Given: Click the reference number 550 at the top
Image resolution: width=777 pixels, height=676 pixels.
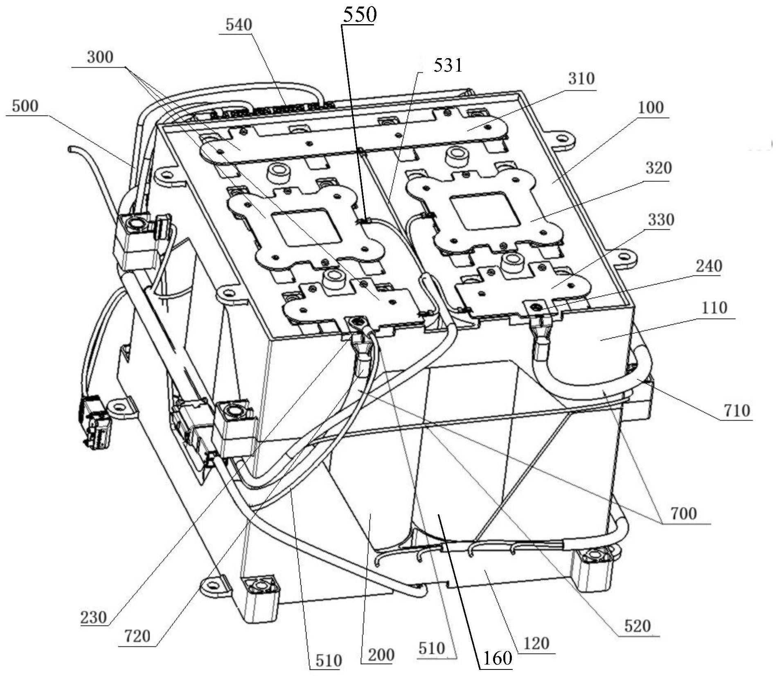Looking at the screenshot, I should coord(359,15).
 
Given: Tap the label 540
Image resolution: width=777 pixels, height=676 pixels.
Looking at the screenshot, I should coord(239,25).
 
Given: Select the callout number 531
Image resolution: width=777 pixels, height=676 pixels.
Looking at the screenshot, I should coord(448,66).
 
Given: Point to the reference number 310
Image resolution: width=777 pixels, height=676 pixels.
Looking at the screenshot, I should coord(581,79).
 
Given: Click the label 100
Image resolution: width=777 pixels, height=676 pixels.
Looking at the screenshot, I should coord(651,108).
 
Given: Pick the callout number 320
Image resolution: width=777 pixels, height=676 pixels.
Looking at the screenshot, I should coord(658,168).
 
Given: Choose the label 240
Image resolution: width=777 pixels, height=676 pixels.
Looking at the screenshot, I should coord(709,266).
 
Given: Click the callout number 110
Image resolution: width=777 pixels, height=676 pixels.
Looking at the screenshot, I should coord(714,308).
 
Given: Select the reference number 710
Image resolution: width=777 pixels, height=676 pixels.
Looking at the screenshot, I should coord(737,410).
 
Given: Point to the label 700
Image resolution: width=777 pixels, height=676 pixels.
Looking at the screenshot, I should coord(683,513).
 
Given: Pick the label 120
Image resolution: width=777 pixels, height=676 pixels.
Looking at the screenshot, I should coord(536,644).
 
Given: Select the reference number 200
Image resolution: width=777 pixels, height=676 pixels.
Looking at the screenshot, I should coord(380,655).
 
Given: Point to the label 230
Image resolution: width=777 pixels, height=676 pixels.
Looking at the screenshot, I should coord(93,617).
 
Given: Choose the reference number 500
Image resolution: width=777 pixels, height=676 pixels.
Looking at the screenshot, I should coord(25,106).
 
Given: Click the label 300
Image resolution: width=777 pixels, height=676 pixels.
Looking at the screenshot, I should coord(100,57).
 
